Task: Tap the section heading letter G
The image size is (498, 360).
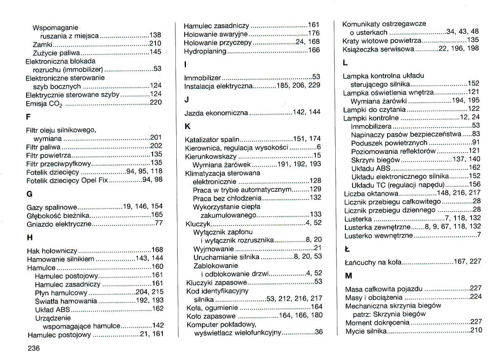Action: (x=29, y=194)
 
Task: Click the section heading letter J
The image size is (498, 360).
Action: (x=187, y=100)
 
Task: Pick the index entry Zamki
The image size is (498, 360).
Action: (x=42, y=44)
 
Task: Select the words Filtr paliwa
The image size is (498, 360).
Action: (x=43, y=147)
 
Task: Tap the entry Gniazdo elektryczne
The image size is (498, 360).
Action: (x=59, y=224)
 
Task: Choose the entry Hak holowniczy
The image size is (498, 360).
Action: (x=52, y=250)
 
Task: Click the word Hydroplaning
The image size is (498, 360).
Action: (x=205, y=51)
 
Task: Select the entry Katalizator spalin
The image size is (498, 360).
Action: (x=212, y=139)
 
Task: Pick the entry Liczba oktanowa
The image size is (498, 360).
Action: (x=371, y=193)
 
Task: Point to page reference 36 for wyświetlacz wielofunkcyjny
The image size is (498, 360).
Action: (x=318, y=332)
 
